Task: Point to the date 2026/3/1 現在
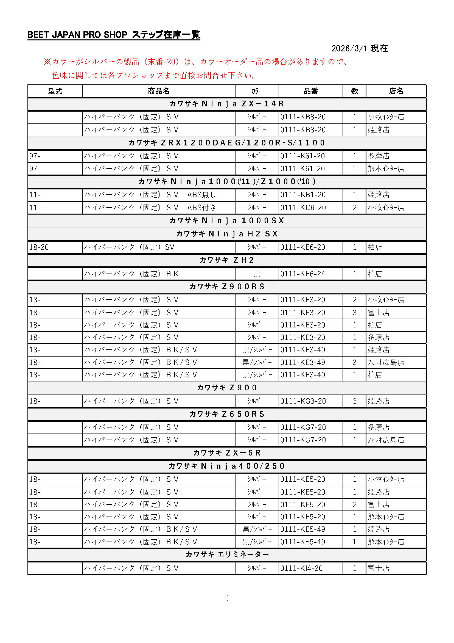point(360,48)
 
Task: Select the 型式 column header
point(55,91)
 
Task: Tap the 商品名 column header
point(158,91)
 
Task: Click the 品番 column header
point(311,91)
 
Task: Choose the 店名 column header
point(396,91)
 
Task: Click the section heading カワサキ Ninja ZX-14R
point(227,104)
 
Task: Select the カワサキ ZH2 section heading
point(227,260)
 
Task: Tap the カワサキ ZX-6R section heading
point(227,453)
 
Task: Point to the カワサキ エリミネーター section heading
point(227,554)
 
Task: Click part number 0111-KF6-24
point(303,274)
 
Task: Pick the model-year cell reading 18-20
point(39,247)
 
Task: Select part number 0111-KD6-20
point(303,208)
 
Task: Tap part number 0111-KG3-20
point(303,401)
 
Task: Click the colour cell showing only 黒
point(257,274)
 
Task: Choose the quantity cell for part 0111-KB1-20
point(354,195)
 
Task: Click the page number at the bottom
point(227,598)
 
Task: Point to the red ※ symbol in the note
point(47,62)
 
